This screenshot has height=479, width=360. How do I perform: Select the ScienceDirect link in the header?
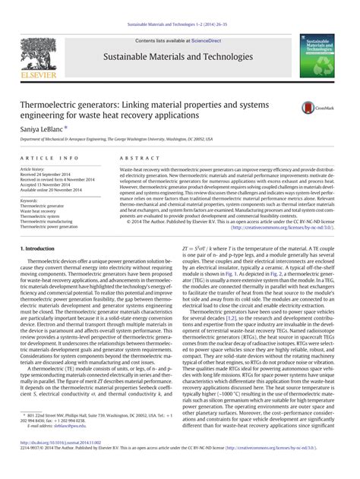tap(210, 41)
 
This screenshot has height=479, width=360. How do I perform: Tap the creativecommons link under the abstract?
tap(295, 226)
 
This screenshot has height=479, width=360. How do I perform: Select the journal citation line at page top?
tap(179, 25)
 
